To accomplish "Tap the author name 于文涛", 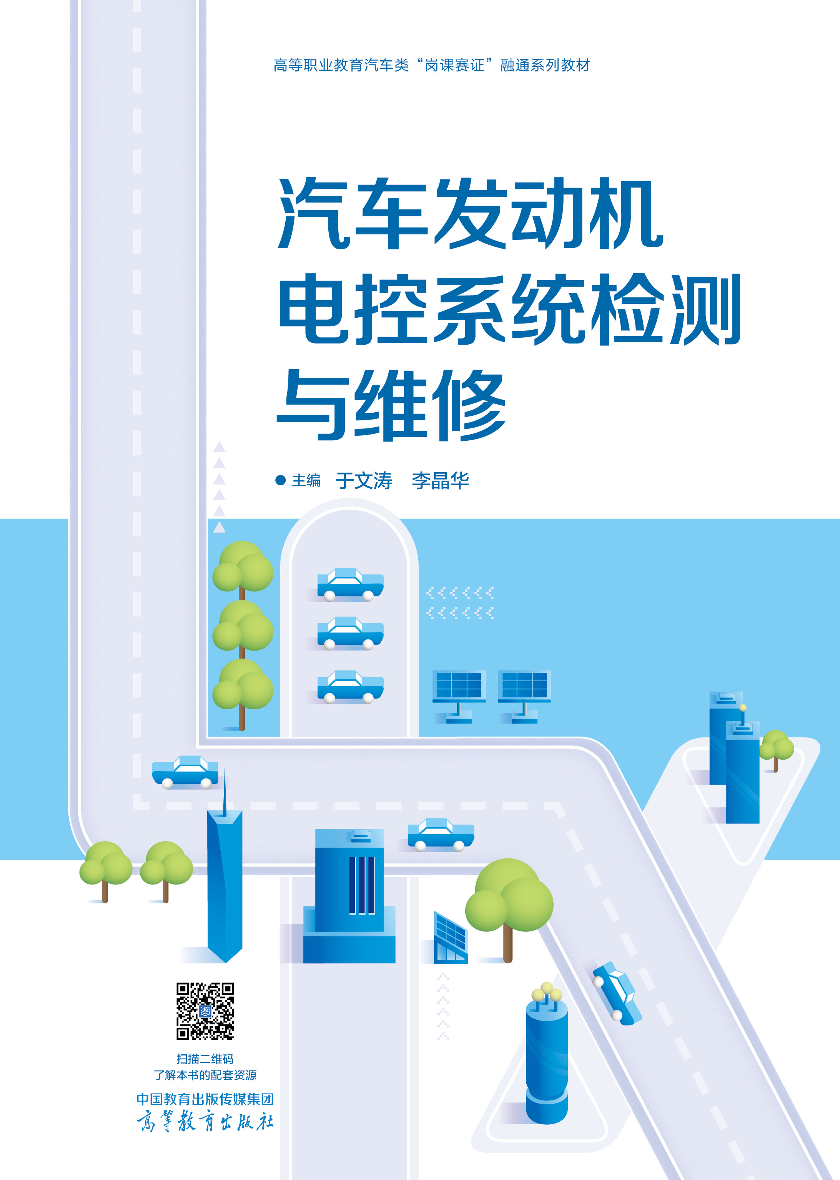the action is point(364,481).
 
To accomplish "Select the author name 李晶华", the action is point(440,481).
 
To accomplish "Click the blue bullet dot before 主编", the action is point(280,480).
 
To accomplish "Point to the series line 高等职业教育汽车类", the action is point(341,65).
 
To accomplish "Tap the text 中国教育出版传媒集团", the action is point(205,1099).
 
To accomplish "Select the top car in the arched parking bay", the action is point(350,584).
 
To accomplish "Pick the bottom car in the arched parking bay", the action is point(350,687).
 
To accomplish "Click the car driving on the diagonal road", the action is point(617,992).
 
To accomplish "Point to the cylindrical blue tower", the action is point(547,1057).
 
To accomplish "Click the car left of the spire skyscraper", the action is point(185,772).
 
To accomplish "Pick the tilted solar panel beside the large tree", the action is point(451,938).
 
